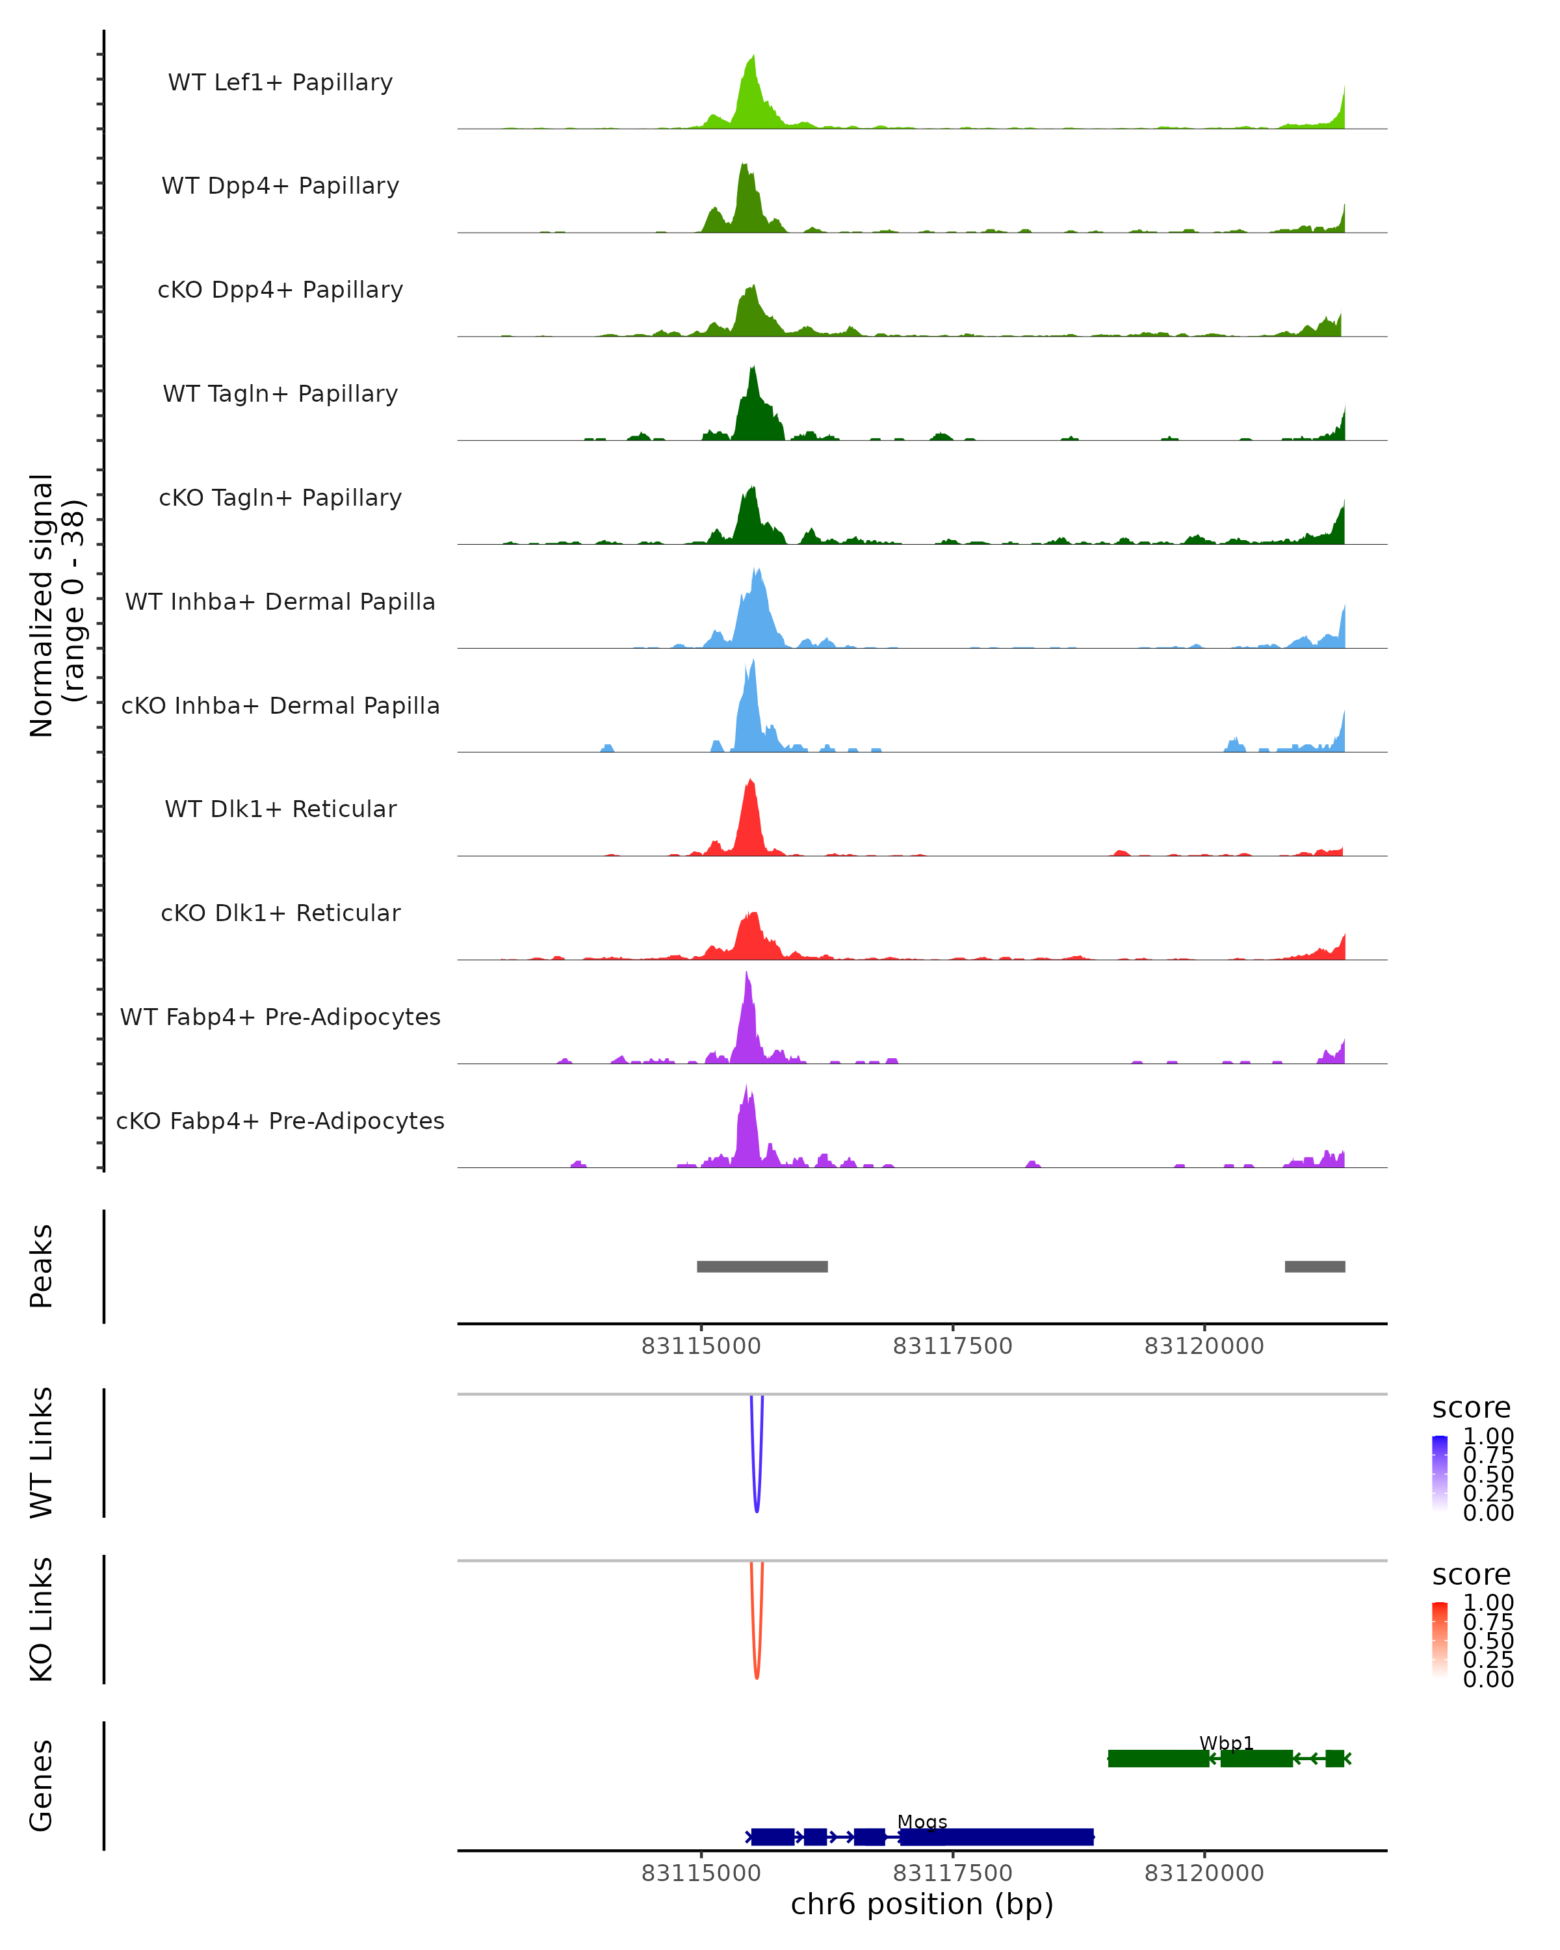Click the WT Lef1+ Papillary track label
coord(280,83)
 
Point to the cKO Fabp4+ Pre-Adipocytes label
coord(280,1121)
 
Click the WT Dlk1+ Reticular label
coord(280,809)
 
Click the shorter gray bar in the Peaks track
coord(1314,1266)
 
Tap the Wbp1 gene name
coord(1227,1743)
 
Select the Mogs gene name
coord(922,1821)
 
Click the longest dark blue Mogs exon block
coord(996,1837)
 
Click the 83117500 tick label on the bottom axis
coord(952,1873)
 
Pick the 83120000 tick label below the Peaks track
coord(1204,1346)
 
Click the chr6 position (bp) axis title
coord(922,1904)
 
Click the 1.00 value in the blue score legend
coord(1488,1435)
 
